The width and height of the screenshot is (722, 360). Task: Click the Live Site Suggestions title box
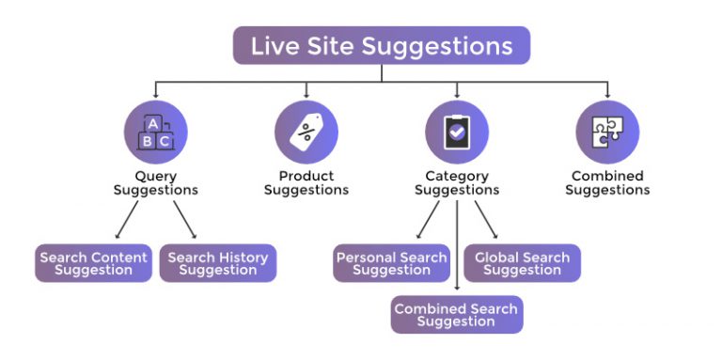point(381,45)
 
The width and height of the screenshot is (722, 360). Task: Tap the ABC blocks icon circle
point(155,133)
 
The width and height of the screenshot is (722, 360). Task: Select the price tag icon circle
point(306,133)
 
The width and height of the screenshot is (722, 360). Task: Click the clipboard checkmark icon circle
point(457,133)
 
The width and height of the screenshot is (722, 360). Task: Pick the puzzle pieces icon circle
point(607,133)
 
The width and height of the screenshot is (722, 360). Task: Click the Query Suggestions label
point(155,182)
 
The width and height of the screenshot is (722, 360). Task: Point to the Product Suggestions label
point(306,182)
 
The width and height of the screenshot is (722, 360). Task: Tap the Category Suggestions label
point(457,182)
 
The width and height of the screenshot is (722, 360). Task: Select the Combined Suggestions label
point(607,182)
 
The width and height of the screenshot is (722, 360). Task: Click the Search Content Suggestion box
point(94,263)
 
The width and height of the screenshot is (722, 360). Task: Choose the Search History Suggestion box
point(218,263)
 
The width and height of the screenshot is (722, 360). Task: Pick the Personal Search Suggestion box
point(391,263)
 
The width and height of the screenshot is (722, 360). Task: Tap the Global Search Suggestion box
point(522,263)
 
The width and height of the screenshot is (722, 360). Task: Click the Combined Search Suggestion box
point(457,315)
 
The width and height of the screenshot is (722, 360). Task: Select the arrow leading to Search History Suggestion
point(183,220)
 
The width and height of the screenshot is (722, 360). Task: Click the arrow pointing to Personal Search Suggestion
point(429,220)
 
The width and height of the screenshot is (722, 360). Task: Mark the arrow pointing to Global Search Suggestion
point(485,220)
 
